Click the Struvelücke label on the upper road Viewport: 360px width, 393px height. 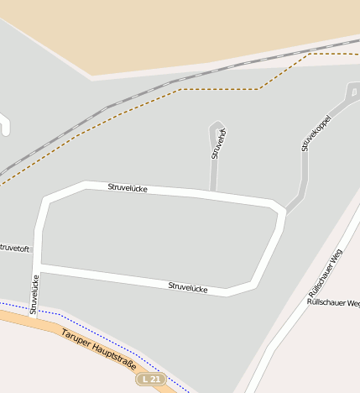click(x=128, y=188)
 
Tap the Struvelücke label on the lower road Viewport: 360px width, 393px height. click(x=188, y=286)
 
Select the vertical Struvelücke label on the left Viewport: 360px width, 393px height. click(x=34, y=294)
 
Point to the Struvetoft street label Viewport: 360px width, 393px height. click(x=14, y=249)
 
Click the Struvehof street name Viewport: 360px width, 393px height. click(x=219, y=144)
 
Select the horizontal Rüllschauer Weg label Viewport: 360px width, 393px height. click(x=333, y=301)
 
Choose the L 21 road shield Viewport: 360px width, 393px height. click(x=151, y=380)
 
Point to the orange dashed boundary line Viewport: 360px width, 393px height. click(x=218, y=89)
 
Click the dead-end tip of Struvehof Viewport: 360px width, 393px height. click(x=217, y=126)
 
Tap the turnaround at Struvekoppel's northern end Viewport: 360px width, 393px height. click(x=352, y=91)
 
